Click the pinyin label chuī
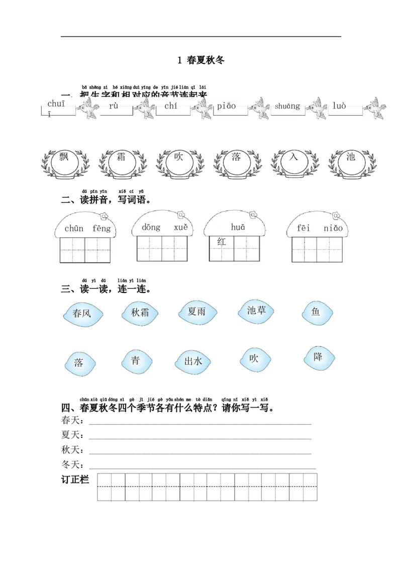click(56, 104)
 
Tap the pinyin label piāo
click(226, 106)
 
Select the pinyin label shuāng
click(287, 106)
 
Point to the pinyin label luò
click(339, 106)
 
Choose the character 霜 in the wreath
click(121, 157)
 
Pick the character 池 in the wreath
click(351, 157)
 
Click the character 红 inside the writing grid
click(222, 242)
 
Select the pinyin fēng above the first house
click(102, 228)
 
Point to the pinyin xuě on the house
click(181, 227)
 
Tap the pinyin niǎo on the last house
click(333, 228)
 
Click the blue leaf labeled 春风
click(82, 314)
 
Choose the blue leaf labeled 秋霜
click(140, 313)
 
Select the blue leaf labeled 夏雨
click(196, 312)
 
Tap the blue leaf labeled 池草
click(256, 311)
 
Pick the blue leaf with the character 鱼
click(316, 313)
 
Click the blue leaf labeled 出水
click(193, 361)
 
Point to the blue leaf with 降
click(318, 357)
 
